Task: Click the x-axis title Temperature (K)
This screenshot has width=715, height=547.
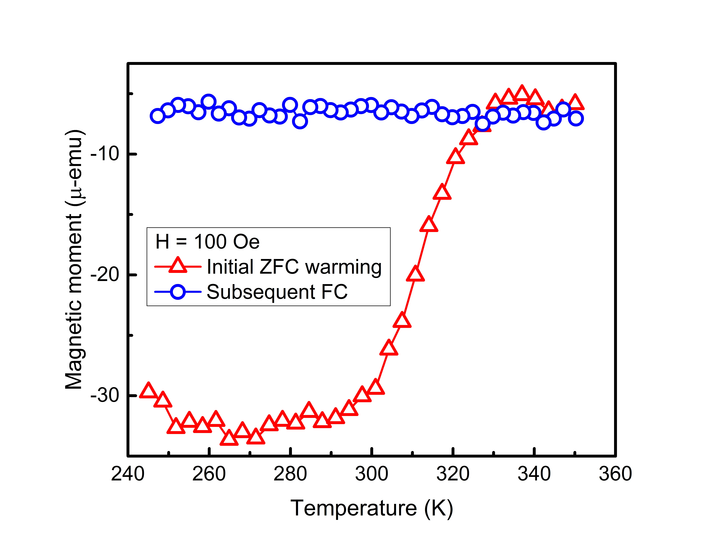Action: [x=371, y=508]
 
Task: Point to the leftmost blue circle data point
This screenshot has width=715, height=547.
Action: [x=158, y=116]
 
